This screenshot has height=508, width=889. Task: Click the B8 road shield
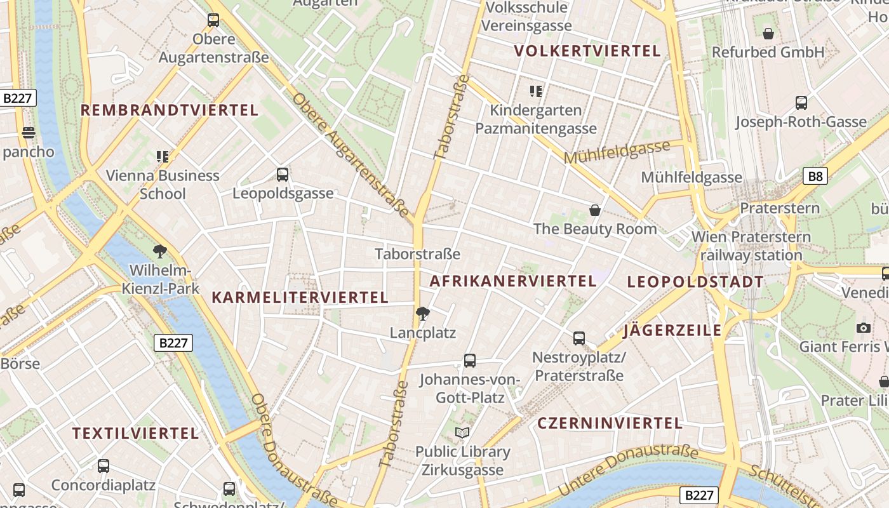coord(815,176)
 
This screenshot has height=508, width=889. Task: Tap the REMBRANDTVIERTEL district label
coord(169,110)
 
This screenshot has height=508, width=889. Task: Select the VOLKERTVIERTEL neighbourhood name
coord(587,51)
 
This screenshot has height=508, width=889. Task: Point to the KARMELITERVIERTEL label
coord(300,297)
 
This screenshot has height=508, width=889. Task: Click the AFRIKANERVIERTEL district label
coord(513,281)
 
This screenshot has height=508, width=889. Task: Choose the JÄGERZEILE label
coord(672,330)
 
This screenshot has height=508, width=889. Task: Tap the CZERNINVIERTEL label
coord(610,423)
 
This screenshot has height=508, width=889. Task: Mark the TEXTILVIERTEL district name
coord(135,434)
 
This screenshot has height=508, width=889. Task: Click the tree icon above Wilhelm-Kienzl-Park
coord(160,251)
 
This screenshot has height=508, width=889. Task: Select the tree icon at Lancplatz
coord(422,313)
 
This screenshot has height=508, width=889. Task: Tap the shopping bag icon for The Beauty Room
coord(595,210)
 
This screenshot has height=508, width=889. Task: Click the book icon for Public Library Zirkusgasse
coord(462,433)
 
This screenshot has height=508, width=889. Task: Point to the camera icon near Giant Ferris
coord(863,328)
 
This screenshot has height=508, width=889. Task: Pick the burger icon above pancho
coord(28,133)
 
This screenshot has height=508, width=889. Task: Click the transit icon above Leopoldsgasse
coord(283,174)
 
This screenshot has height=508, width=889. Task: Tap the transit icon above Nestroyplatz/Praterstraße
coord(578,338)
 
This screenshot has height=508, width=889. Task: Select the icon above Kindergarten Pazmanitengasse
coord(536,91)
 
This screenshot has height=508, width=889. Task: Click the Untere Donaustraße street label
coord(627,469)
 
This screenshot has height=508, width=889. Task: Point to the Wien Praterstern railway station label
coord(751,246)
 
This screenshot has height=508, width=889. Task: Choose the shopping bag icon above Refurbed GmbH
coord(768,33)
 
